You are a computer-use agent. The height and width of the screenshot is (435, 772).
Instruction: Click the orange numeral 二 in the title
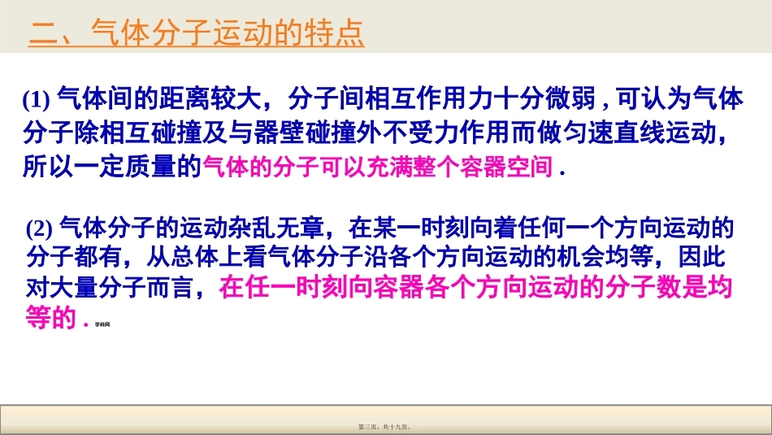(41, 34)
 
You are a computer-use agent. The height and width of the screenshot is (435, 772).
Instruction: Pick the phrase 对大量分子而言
(110, 288)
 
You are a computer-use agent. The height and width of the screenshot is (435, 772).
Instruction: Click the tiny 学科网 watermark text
(102, 324)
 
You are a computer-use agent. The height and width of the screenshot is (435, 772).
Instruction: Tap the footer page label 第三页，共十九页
(386, 424)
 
